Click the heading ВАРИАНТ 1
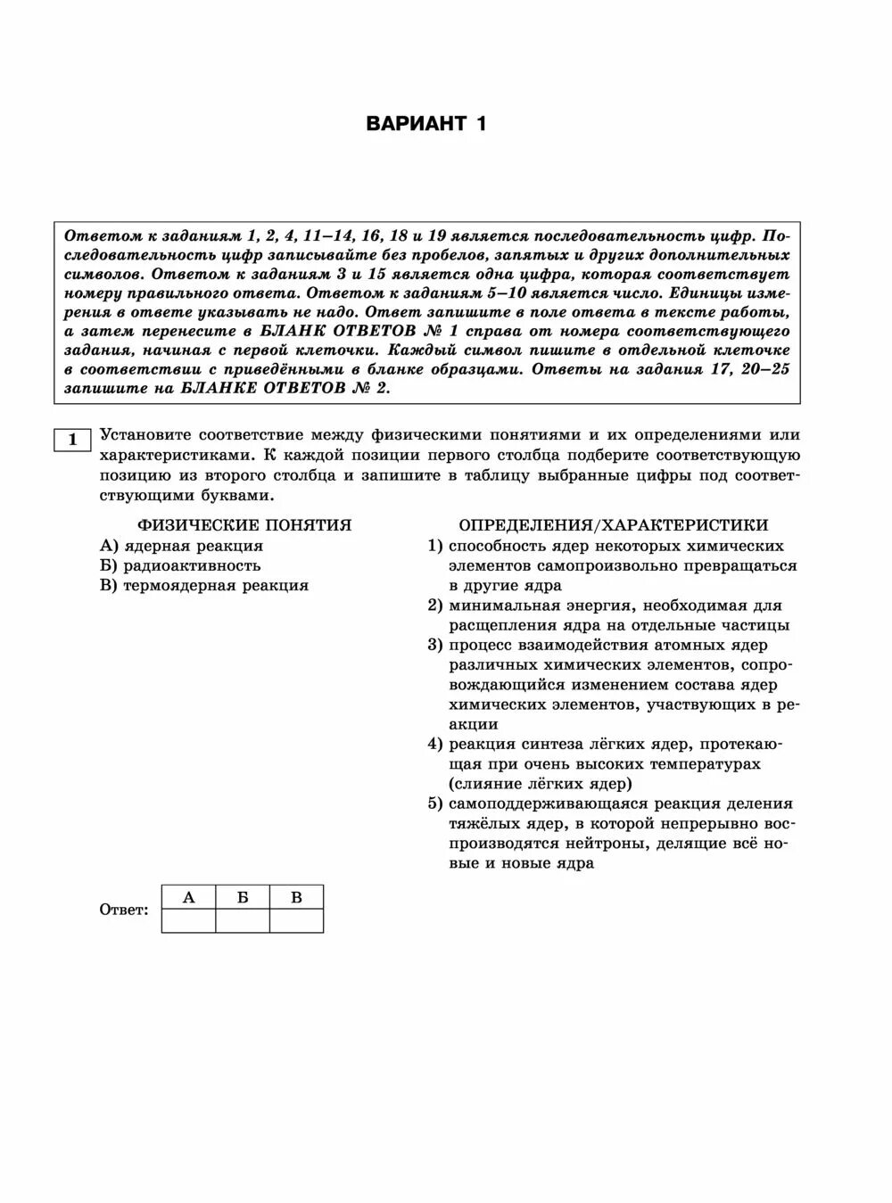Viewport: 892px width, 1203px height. (426, 124)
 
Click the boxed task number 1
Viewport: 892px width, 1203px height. (72, 440)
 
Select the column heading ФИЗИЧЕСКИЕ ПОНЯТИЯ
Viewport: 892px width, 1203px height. (244, 525)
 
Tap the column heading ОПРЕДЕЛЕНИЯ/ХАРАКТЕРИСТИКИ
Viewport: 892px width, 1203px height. (613, 525)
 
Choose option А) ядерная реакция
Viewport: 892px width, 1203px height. (182, 546)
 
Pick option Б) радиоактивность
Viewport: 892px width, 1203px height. (180, 565)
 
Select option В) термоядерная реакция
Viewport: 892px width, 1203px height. (204, 585)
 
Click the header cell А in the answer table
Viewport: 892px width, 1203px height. (188, 897)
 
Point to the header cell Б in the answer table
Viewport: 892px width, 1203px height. (243, 897)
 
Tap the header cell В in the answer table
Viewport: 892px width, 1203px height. (296, 897)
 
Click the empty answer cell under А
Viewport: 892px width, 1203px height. (188, 920)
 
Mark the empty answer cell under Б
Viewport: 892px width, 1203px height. (243, 920)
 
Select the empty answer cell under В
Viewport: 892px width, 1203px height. (296, 920)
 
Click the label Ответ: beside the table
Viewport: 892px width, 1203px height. (124, 910)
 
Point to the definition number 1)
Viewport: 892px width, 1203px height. (435, 546)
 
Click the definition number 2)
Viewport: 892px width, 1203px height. (435, 606)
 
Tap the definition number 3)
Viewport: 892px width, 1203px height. (435, 645)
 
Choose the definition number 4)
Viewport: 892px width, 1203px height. (435, 744)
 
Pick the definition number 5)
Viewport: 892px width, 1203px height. (435, 803)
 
